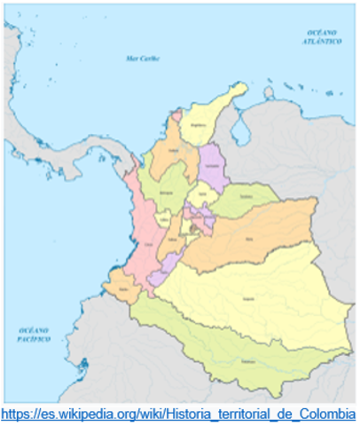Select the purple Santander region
click(211, 167)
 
